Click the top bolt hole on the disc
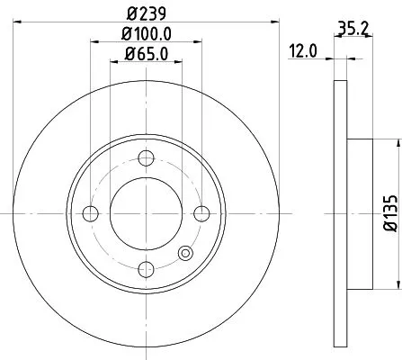coord(146,159)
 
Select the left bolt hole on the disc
coord(90,213)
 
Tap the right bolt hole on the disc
coord(201,213)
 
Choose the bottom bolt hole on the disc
coord(146,268)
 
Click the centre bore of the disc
coord(146,213)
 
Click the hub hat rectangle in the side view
coord(357,213)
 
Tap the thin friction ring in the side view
coord(339,213)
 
